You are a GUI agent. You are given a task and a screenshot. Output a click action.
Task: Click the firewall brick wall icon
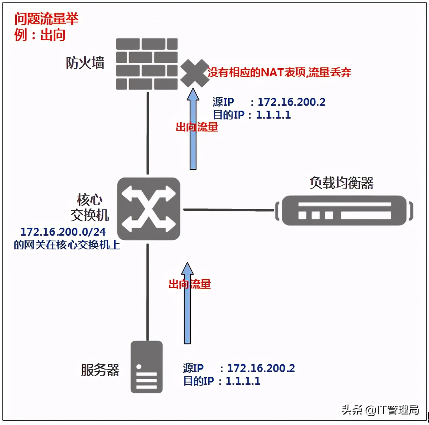147,64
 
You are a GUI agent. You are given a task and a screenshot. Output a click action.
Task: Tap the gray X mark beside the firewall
194,73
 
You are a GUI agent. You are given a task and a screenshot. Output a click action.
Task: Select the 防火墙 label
85,63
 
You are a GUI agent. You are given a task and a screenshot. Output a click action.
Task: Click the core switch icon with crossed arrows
148,209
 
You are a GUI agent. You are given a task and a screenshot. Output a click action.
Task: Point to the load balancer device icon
344,210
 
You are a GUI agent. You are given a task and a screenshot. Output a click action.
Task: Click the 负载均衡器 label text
341,183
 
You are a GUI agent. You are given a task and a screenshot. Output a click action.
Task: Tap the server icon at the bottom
147,367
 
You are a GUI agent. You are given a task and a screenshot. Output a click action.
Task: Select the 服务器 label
100,370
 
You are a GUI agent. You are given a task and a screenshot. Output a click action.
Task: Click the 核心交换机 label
89,208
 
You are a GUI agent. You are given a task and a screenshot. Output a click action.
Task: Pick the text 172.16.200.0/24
63,232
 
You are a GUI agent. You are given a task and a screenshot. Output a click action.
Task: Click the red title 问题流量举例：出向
46,26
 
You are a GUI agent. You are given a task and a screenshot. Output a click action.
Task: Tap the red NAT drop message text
279,73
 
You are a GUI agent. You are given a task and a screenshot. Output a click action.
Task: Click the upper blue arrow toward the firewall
193,128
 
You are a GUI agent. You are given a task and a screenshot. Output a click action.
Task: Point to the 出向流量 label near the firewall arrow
196,127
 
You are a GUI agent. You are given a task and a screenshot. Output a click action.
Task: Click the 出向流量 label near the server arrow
189,284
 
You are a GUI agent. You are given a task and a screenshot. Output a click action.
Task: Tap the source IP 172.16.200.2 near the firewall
291,102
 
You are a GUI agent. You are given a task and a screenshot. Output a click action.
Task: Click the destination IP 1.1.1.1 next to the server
243,380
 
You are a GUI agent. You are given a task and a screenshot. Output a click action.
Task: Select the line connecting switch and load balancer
229,209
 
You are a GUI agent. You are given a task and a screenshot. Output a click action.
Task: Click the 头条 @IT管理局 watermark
380,410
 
